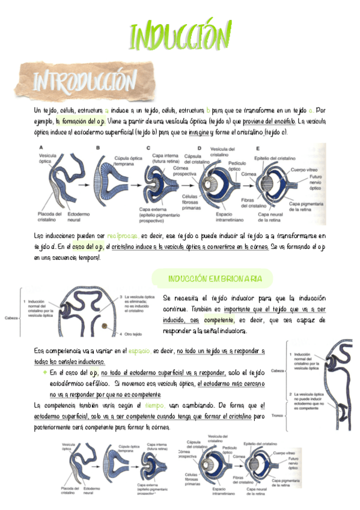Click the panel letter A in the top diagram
(41, 147)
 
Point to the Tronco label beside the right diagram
(278, 415)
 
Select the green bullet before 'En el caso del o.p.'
(44, 372)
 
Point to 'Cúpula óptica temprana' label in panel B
(129, 161)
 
